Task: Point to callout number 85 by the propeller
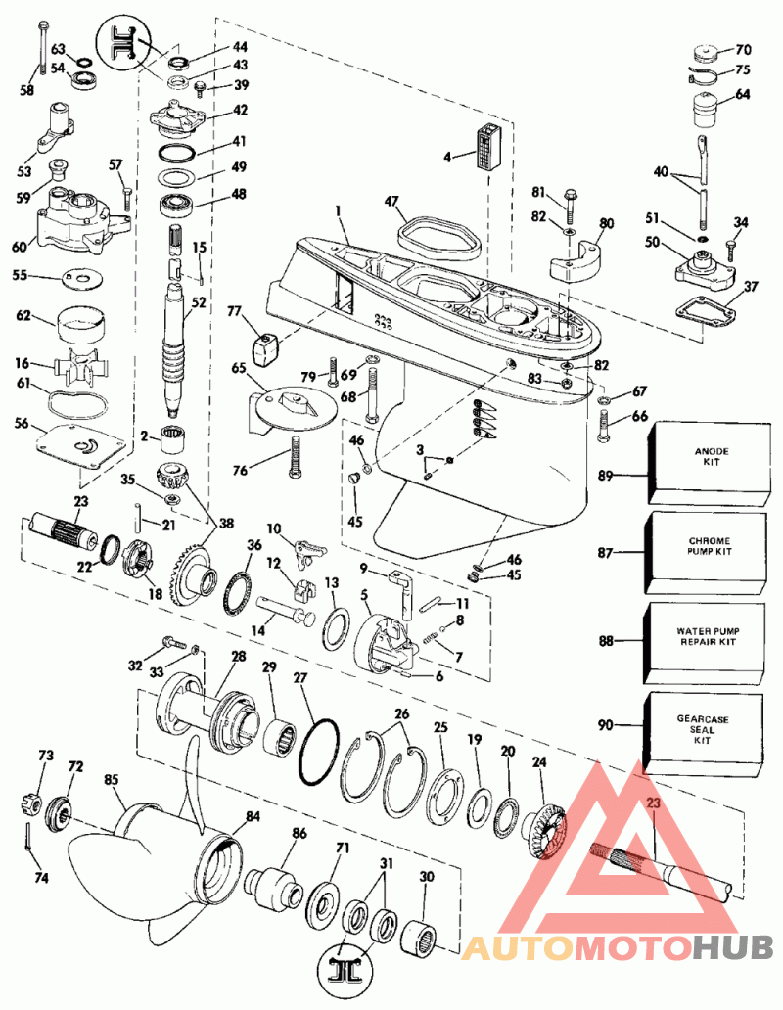[111, 781]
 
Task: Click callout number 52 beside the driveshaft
[199, 303]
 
